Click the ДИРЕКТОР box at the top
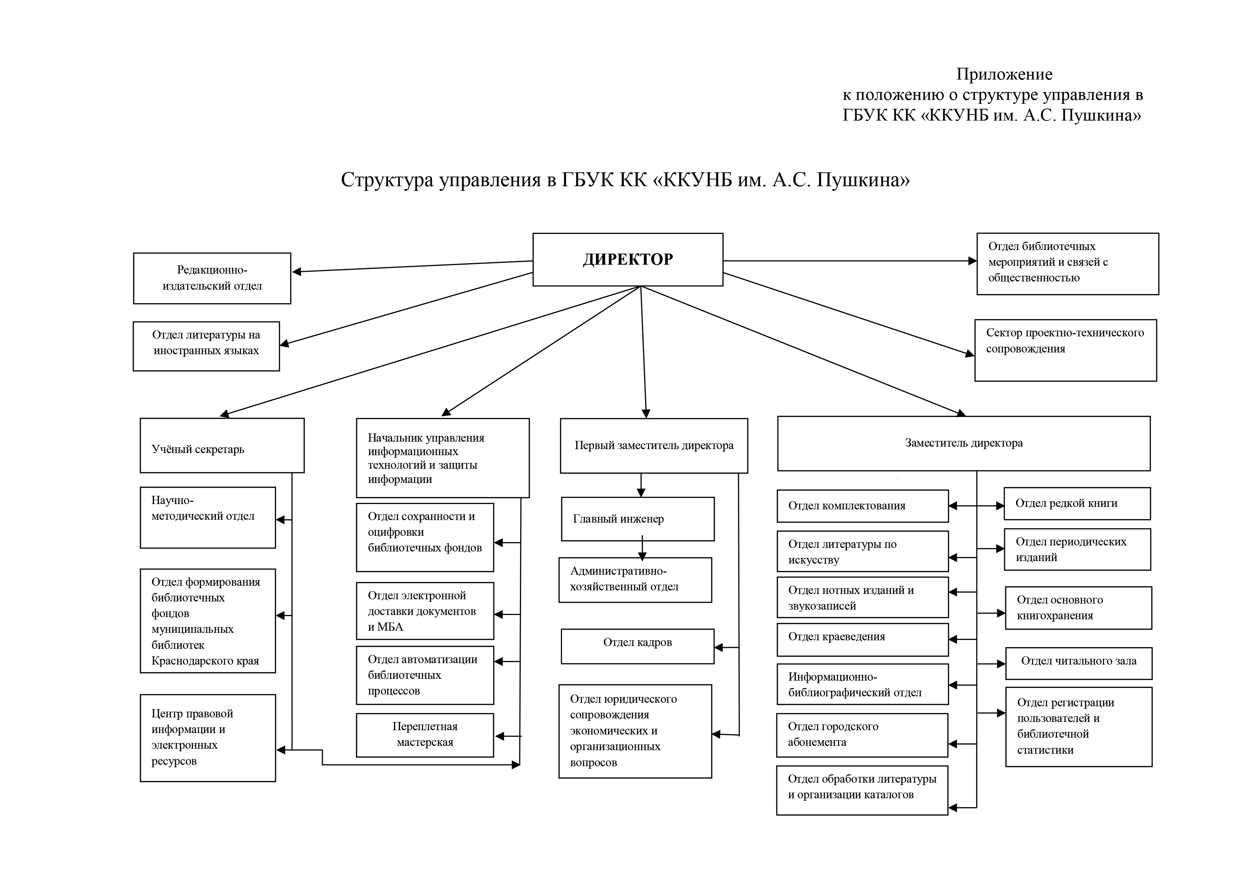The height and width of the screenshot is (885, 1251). tap(628, 259)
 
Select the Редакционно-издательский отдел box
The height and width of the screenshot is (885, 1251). tap(212, 278)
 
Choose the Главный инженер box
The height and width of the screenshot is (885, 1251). tap(638, 519)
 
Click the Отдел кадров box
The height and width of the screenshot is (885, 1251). tap(638, 646)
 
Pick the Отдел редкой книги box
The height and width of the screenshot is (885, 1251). tap(1077, 504)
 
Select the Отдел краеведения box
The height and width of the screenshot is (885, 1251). tap(863, 639)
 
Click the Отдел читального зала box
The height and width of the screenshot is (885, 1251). tap(1079, 663)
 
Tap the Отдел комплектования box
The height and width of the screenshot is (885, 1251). tap(863, 506)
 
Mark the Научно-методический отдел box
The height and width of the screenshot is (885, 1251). tap(208, 517)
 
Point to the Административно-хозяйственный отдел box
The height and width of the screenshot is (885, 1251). tap(635, 580)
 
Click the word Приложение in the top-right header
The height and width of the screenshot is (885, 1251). tap(1004, 74)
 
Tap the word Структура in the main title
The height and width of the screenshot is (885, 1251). tap(387, 180)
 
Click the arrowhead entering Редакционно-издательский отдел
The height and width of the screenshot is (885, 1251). tap(297, 271)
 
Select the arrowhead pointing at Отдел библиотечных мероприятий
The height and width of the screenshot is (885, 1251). tap(972, 261)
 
